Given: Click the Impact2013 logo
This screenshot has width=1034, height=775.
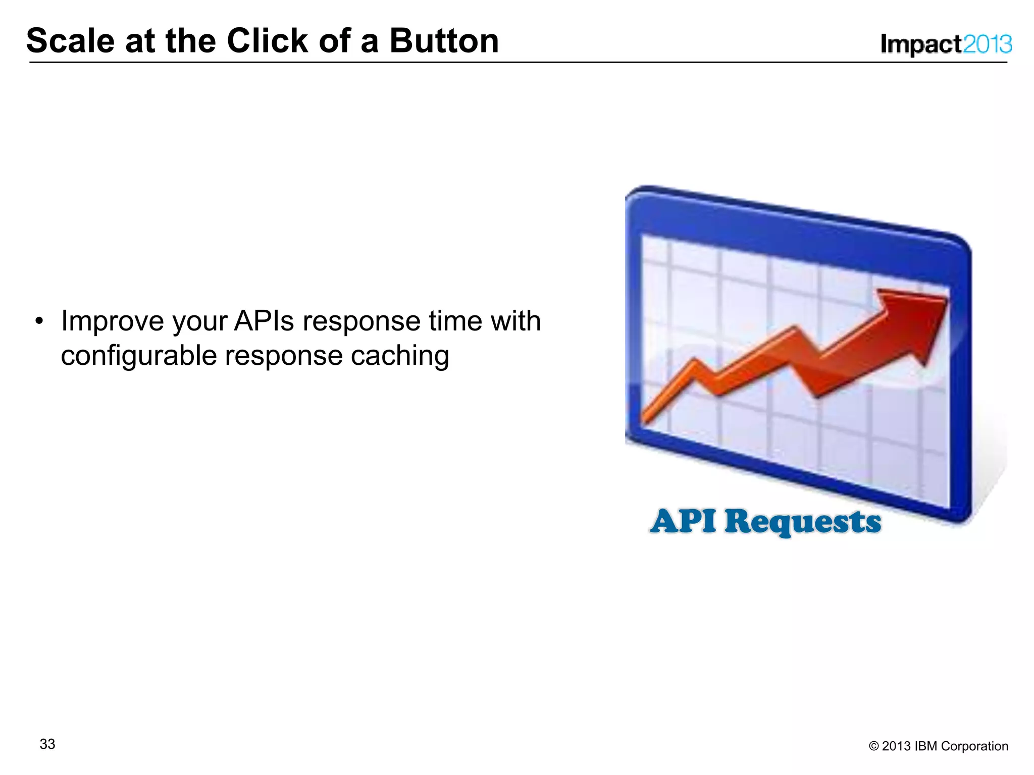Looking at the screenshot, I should coord(946,44).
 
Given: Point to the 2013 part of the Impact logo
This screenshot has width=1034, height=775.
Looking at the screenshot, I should coord(987,44).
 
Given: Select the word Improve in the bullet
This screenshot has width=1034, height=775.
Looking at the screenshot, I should coord(112,321).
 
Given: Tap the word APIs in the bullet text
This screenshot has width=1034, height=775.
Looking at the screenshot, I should coord(263,321).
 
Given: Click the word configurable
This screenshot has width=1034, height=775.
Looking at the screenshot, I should coord(138,355).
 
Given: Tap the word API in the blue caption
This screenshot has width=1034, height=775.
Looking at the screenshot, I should coord(683,521).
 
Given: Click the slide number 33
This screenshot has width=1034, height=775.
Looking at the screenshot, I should coord(47,744).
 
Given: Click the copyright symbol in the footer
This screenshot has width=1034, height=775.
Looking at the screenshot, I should coord(873,746).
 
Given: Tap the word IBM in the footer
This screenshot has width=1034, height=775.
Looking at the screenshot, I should coord(925,746).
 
